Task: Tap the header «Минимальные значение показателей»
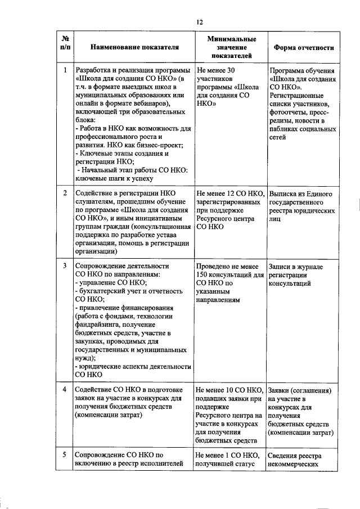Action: click(x=231, y=48)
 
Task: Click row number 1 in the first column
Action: click(x=65, y=70)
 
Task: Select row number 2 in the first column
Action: click(x=65, y=193)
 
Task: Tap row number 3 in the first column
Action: click(x=65, y=264)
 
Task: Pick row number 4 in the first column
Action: click(x=65, y=389)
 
